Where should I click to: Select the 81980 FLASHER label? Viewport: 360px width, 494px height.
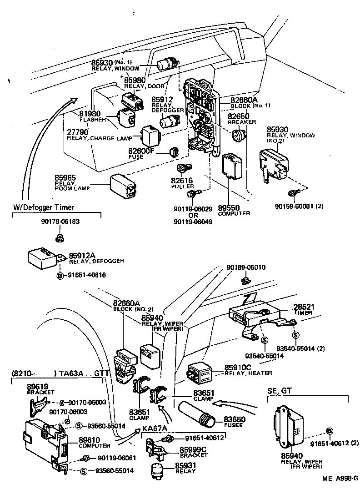point(90,114)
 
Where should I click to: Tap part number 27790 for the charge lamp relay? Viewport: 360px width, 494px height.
point(78,132)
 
